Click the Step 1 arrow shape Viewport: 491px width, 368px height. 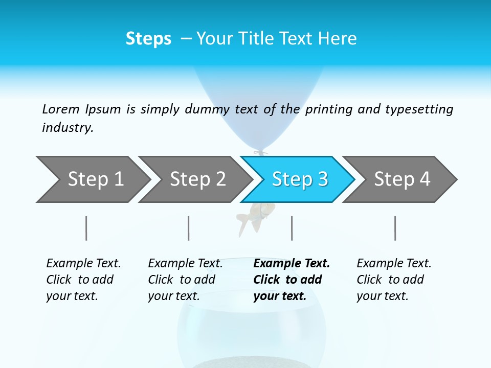pos(92,179)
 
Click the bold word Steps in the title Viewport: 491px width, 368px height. pos(148,39)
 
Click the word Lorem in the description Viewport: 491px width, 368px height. pos(61,109)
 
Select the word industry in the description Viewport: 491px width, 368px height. pos(67,127)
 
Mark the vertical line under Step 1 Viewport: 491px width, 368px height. pos(86,228)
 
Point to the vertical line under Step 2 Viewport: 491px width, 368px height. pos(189,228)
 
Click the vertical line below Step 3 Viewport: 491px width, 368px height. pos(292,228)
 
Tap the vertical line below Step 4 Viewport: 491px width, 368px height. pos(395,228)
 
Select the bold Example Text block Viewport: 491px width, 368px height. pos(292,280)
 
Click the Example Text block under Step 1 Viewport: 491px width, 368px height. pos(83,280)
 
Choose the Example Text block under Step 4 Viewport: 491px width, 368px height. pos(394,280)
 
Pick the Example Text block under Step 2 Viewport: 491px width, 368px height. pos(185,280)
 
